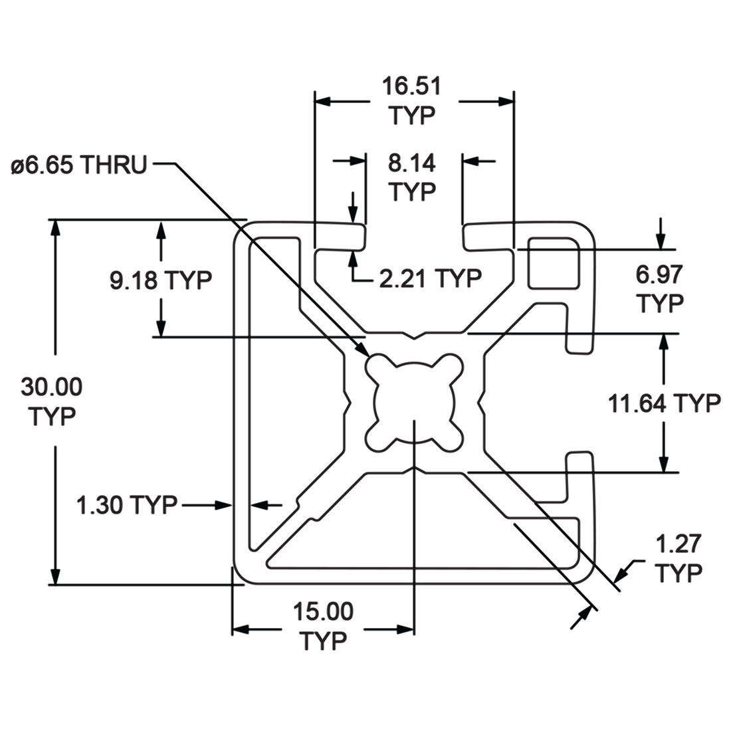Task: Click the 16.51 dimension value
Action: click(412, 87)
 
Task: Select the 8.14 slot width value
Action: click(412, 163)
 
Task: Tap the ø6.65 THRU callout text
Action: click(78, 164)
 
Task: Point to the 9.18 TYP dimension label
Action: click(160, 280)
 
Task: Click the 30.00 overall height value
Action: click(52, 386)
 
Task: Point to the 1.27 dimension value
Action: click(678, 544)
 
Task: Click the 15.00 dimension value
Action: click(324, 611)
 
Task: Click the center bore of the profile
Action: click(413, 401)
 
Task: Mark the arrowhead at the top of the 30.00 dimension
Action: click(56, 226)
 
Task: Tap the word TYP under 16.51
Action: click(412, 116)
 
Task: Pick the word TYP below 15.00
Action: click(324, 641)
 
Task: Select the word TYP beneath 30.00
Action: click(52, 417)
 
